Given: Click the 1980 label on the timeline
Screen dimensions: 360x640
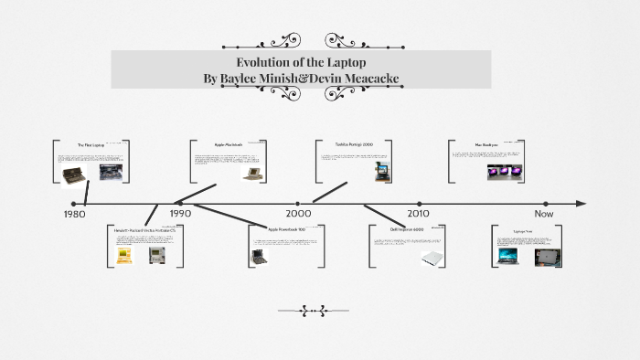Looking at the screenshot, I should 74,214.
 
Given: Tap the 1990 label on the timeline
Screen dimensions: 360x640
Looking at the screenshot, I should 180,214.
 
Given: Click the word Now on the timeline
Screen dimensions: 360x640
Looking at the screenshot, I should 545,214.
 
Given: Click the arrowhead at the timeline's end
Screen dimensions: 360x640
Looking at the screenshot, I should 581,204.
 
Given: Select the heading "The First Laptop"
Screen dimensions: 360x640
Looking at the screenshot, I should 91,145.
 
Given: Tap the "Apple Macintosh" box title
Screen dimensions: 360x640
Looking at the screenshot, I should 229,144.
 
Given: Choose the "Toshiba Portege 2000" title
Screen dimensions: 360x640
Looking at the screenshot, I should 355,144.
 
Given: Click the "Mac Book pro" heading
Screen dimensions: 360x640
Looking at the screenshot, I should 485,144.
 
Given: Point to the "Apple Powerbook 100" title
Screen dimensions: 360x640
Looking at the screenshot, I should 286,228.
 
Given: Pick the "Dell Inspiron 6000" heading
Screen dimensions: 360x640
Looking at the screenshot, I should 406,229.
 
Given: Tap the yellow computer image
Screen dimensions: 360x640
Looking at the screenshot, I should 123,257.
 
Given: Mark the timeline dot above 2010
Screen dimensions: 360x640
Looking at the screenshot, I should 419,204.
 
